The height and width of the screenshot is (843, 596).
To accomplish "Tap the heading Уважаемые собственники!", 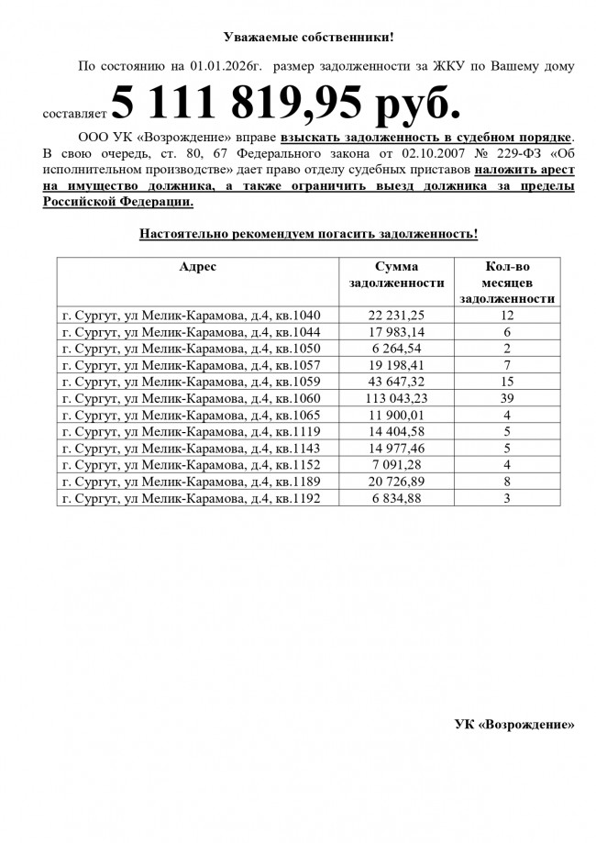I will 309,37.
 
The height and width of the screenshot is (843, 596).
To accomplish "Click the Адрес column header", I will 197,267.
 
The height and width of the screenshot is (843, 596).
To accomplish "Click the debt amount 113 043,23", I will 397,398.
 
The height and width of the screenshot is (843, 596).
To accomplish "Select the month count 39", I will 506,398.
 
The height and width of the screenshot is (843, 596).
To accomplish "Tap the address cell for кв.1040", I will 191,315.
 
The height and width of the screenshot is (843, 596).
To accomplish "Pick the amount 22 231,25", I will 397,315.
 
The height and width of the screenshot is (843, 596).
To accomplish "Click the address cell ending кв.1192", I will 191,498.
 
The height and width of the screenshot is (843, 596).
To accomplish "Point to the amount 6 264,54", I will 397,349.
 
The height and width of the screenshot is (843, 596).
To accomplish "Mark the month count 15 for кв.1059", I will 506,382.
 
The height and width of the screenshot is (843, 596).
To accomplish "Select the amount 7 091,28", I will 397,465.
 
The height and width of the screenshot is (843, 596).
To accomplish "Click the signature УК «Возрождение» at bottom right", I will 514,724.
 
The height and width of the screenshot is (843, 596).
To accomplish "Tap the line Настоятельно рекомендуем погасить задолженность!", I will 309,234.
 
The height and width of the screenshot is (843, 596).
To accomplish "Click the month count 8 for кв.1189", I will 506,482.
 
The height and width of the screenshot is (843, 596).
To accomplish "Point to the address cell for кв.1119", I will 191,431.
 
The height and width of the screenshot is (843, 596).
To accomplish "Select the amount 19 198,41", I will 397,365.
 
